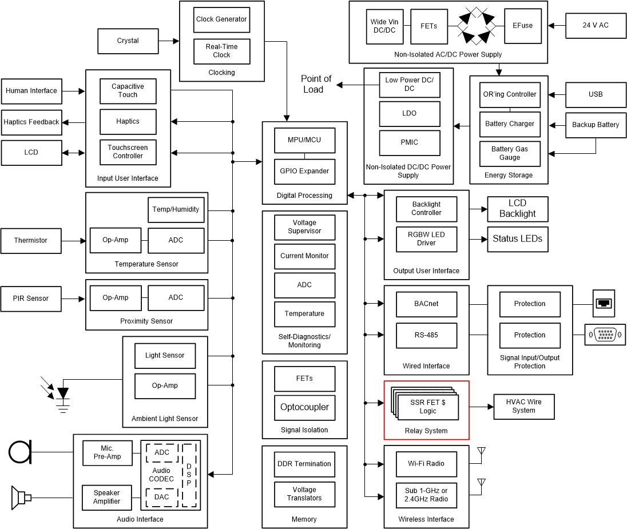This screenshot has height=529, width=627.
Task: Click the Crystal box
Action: click(128, 41)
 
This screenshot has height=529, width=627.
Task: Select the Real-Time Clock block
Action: click(221, 51)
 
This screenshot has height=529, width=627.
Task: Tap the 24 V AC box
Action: click(596, 26)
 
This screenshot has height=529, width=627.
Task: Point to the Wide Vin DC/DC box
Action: click(384, 26)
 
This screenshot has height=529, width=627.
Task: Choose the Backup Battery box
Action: click(596, 125)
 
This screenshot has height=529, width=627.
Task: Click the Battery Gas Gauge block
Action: click(509, 153)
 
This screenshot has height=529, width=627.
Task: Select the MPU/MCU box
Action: click(304, 140)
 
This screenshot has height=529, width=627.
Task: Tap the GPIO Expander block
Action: click(304, 171)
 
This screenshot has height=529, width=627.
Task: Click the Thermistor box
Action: click(31, 241)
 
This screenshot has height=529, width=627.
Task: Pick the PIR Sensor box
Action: click(31, 299)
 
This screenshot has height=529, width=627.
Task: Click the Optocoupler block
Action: click(304, 408)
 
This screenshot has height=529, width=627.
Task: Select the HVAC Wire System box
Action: click(523, 406)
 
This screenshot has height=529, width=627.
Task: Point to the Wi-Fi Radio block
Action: click(426, 464)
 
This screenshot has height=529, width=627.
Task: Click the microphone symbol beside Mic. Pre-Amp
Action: click(20, 452)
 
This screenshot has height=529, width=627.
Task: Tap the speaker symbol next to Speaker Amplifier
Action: click(21, 498)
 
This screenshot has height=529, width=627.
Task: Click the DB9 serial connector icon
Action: click(605, 335)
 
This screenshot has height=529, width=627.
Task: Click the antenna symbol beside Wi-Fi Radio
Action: click(481, 454)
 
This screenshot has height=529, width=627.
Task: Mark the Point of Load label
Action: click(316, 84)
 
